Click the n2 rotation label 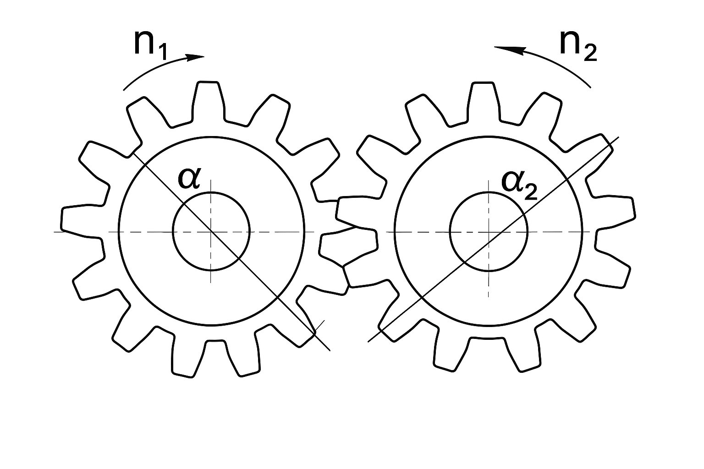click(578, 45)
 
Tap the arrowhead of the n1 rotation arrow click(196, 57)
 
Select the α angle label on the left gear click(189, 179)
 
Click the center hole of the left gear click(211, 231)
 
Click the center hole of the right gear click(489, 231)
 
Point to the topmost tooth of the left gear click(208, 100)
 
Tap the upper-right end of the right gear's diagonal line click(619, 137)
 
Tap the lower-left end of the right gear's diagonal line click(368, 342)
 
